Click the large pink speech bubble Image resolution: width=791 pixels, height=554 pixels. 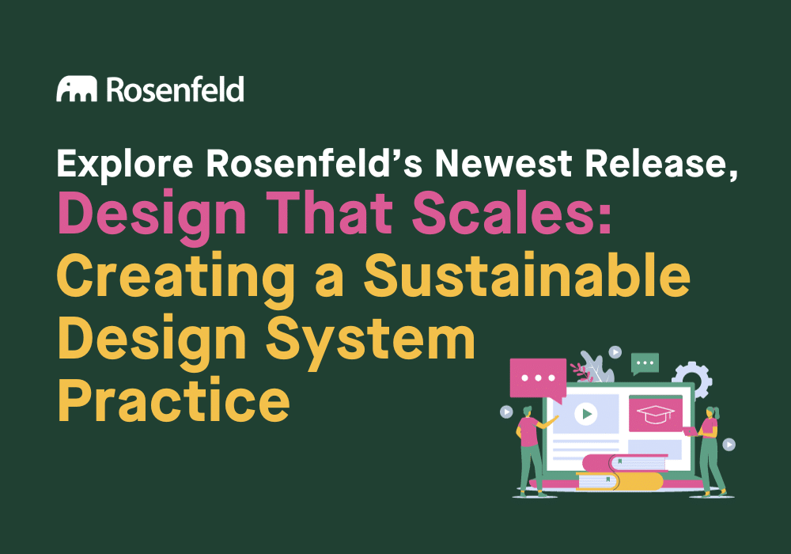(x=538, y=378)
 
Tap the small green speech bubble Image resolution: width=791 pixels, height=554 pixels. (x=645, y=362)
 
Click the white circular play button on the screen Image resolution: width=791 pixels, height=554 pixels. (x=585, y=413)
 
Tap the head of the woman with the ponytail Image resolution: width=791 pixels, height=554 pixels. (x=711, y=413)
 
